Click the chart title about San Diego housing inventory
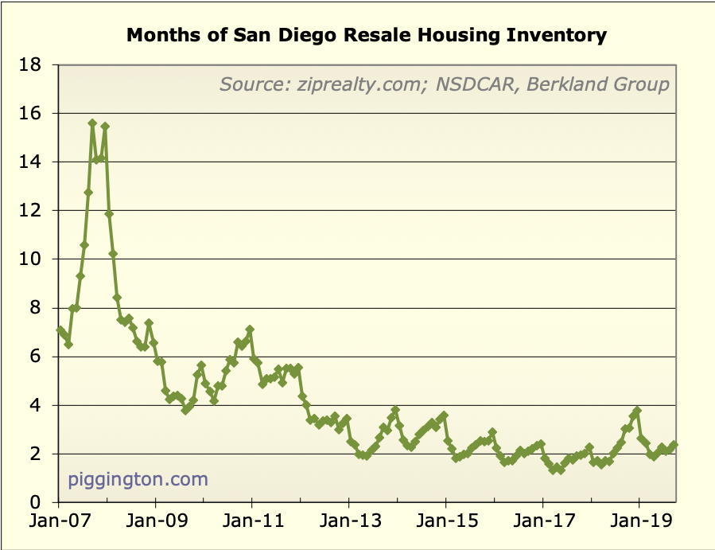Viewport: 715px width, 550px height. pyautogui.click(x=367, y=36)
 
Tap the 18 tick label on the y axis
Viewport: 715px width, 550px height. pyautogui.click(x=31, y=64)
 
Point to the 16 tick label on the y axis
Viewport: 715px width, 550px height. pyautogui.click(x=31, y=113)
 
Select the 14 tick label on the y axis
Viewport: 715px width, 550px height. pyautogui.click(x=31, y=162)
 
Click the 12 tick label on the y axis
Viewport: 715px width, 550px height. pyautogui.click(x=31, y=210)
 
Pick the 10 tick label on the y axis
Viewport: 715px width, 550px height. pyautogui.click(x=31, y=259)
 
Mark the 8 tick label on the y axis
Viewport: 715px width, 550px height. pyautogui.click(x=37, y=307)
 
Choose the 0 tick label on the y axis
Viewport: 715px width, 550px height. pyautogui.click(x=37, y=502)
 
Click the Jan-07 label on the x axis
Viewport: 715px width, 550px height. pyautogui.click(x=58, y=525)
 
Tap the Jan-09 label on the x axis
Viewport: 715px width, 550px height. pyautogui.click(x=155, y=525)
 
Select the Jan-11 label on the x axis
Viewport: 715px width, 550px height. pyautogui.click(x=251, y=525)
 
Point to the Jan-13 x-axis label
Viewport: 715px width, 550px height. pyautogui.click(x=348, y=525)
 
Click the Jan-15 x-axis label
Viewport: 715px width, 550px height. pyautogui.click(x=445, y=525)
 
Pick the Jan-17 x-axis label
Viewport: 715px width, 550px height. pyautogui.click(x=542, y=525)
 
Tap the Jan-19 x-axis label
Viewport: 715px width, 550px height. pyautogui.click(x=639, y=525)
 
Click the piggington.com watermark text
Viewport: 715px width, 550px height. pyautogui.click(x=138, y=479)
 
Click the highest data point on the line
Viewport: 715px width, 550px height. pyautogui.click(x=92, y=123)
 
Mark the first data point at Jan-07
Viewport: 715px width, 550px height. pyautogui.click(x=60, y=330)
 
